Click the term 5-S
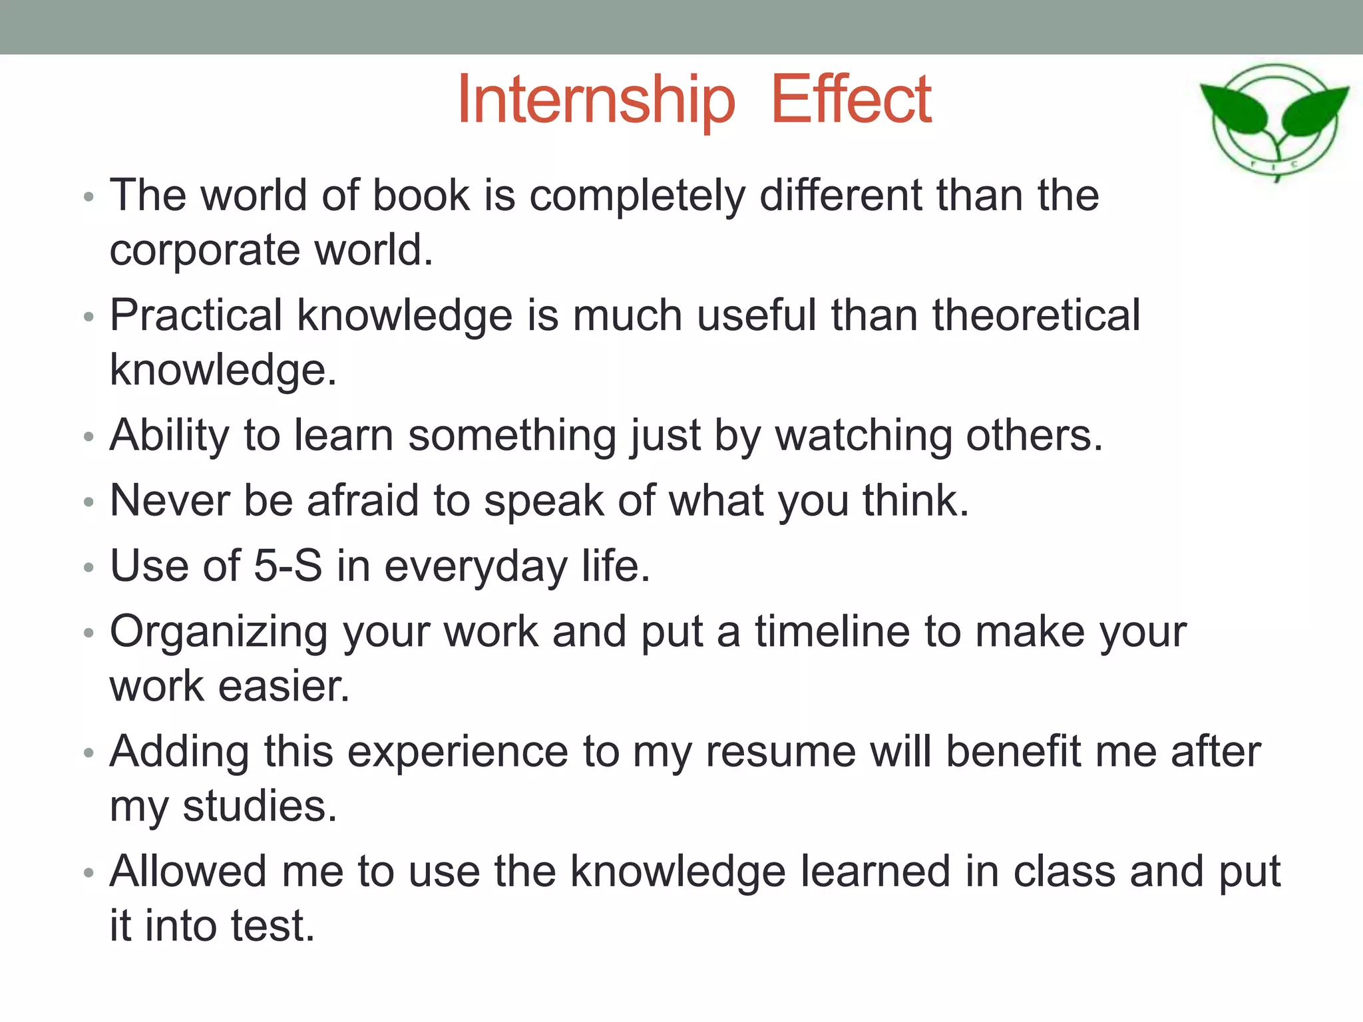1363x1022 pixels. coord(288,566)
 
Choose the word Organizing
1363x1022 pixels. coord(219,632)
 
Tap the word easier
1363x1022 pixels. coord(285,686)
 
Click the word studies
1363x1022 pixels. coord(260,806)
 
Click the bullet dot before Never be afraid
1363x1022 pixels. coord(89,502)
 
